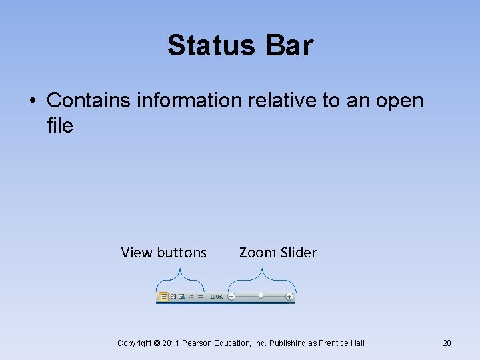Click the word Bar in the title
[289, 45]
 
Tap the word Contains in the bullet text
[89, 101]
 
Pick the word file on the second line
[60, 125]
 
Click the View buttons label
[163, 253]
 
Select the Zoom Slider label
[277, 253]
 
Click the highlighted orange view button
[163, 296]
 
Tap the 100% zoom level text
[216, 296]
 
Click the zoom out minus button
[231, 296]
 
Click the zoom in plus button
[289, 296]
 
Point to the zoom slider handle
[261, 295]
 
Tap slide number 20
[447, 343]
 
